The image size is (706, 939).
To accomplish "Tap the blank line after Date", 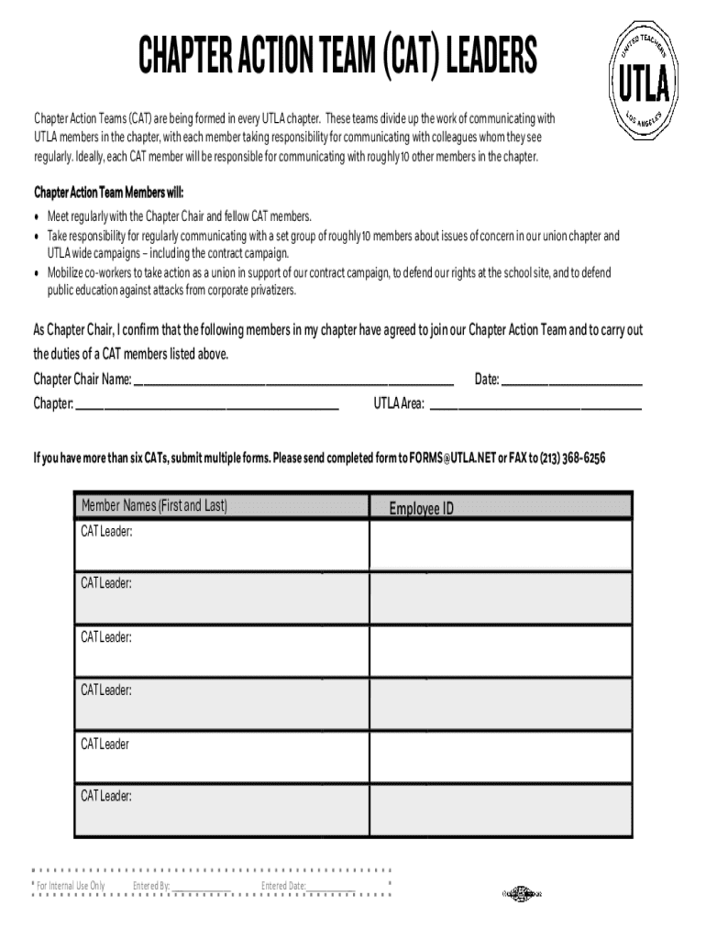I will [570, 380].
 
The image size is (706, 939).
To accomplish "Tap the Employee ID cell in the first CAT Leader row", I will [500, 545].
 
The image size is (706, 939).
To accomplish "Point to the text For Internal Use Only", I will [71, 886].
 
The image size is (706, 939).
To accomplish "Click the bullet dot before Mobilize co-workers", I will [38, 273].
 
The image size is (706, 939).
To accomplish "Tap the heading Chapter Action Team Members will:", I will [108, 193].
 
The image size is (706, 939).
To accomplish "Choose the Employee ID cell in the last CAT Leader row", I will [500, 810].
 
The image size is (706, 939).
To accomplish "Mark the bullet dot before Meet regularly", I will [38, 217].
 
